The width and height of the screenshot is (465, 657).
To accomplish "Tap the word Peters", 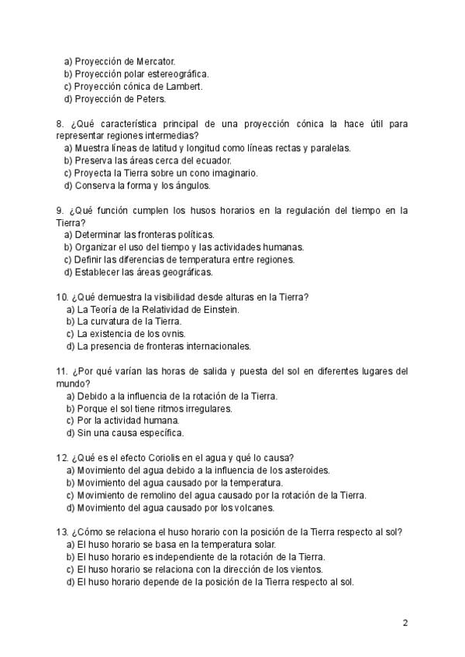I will coord(151,99).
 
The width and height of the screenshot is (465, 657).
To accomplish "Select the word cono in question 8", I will coord(200,173).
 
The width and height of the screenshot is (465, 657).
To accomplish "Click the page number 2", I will coord(405,623).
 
